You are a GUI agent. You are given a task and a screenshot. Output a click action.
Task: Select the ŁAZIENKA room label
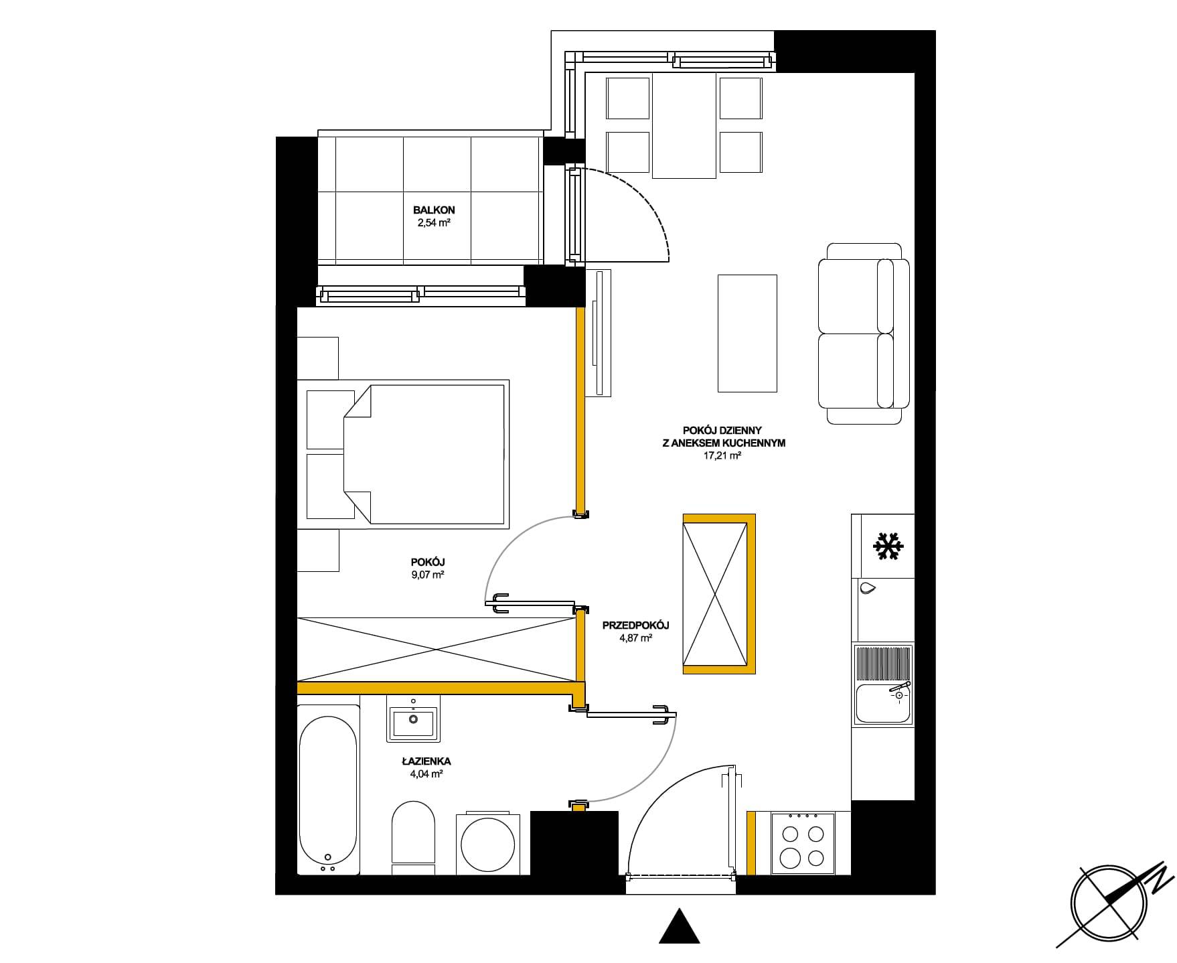point(426,761)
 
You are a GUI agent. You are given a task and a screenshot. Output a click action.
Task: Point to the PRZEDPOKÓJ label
point(635,625)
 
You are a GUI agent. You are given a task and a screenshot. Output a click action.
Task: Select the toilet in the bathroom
point(413,838)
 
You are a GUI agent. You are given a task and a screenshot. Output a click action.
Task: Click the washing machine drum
point(488,844)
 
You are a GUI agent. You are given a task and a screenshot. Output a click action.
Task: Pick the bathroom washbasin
point(413,721)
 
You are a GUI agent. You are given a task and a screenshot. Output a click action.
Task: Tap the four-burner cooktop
point(803,843)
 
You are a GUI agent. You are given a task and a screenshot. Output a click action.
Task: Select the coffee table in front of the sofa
point(747,333)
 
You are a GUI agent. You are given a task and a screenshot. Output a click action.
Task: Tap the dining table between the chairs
point(684,126)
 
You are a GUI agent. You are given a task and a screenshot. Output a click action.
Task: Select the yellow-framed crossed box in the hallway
point(718,593)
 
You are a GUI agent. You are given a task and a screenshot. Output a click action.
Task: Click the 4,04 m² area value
point(425,774)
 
